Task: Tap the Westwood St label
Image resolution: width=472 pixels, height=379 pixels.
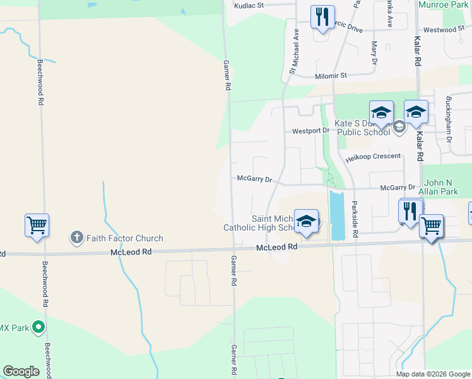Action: [x=444, y=30]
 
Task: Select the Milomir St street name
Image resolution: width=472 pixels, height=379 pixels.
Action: [x=331, y=75]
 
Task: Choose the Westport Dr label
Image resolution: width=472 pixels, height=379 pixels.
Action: [x=310, y=131]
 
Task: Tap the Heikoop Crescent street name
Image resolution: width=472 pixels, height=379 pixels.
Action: [x=372, y=156]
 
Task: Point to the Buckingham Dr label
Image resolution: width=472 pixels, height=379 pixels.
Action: [x=449, y=118]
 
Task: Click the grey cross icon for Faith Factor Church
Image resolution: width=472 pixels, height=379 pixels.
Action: [x=76, y=238]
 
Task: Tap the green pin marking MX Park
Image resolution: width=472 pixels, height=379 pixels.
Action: [x=38, y=327]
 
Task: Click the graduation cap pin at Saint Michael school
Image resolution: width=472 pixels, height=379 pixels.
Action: [x=306, y=221]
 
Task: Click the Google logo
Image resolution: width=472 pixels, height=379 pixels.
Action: [x=21, y=371]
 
